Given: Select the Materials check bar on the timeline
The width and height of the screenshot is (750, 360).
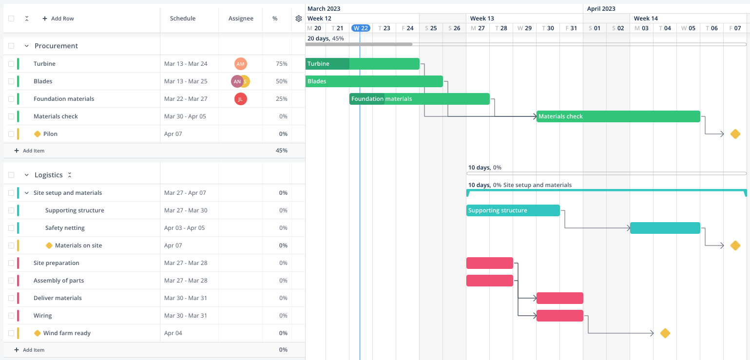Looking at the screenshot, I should tap(618, 116).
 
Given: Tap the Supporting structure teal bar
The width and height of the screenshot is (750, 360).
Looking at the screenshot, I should tap(513, 210).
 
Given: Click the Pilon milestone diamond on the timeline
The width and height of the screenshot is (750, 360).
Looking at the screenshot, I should tap(735, 134).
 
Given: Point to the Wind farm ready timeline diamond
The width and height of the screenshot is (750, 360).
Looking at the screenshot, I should tap(665, 333).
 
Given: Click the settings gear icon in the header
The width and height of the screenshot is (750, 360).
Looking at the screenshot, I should tap(299, 19).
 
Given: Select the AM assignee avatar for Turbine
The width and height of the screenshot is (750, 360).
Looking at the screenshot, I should tap(240, 64).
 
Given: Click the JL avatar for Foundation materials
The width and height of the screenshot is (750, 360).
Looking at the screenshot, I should tap(240, 99).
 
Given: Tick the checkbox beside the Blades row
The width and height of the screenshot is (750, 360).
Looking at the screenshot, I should tap(11, 81).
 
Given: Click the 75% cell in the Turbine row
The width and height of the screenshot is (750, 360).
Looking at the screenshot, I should tap(281, 64).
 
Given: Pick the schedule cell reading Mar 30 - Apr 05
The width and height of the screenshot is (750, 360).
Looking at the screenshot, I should tap(185, 116).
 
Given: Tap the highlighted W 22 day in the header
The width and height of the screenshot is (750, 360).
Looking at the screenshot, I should tap(361, 28).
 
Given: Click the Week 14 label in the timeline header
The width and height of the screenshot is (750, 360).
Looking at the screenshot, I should tap(646, 19).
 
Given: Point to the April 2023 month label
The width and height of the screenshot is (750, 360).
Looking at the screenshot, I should tap(601, 9).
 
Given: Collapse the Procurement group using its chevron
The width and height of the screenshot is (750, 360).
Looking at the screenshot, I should tap(27, 46).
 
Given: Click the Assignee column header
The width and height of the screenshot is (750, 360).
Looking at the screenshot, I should tap(241, 19).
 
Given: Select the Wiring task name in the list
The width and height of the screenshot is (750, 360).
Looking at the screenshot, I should tap(42, 316).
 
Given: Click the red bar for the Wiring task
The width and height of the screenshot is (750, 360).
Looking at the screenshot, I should tap(559, 316).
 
